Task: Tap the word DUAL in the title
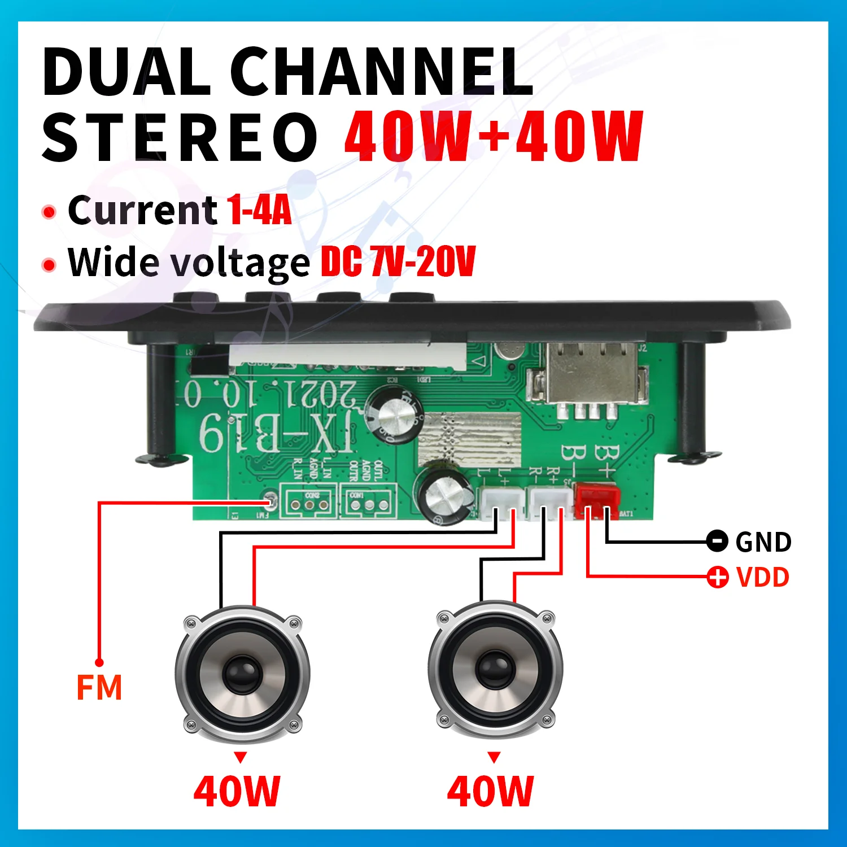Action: point(125,72)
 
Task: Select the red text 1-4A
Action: point(259,210)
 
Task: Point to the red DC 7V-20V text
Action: point(398,261)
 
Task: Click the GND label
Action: point(763,543)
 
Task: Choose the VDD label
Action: point(763,578)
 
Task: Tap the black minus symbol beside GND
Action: point(717,541)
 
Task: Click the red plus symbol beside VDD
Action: point(718,577)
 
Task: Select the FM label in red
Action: point(99,688)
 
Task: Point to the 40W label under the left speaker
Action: point(237,791)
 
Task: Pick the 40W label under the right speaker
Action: point(490,791)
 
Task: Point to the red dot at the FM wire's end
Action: point(99,662)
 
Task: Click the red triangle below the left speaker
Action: point(241,757)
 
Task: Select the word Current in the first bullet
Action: point(142,210)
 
